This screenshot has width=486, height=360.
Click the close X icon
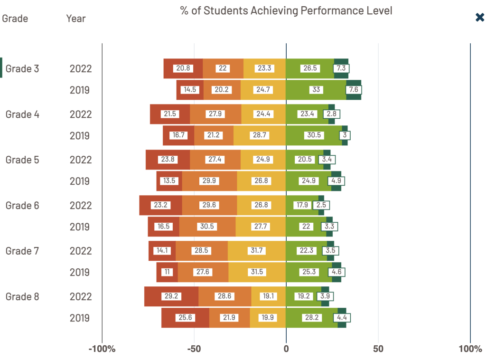pos(480,18)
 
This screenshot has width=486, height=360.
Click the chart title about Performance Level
pos(286,10)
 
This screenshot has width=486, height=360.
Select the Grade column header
pos(15,19)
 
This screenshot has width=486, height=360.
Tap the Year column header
pos(76,19)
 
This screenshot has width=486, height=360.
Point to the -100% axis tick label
pos(102,349)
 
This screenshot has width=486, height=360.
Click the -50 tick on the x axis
pos(194,349)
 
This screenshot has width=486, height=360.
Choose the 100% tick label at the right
pos(470,349)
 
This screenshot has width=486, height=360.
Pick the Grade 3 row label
pos(22,68)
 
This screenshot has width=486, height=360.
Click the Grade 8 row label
pos(22,296)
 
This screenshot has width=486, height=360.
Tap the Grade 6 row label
pos(22,205)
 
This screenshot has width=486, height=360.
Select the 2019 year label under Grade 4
pos(80,136)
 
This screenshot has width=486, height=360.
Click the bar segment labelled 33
pos(316,90)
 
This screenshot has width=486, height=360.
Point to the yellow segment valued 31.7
pos(257,251)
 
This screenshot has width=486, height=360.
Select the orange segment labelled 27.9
pos(215,114)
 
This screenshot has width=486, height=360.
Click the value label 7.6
pos(354,90)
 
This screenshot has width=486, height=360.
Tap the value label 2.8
pos(331,114)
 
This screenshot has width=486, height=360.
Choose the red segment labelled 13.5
pos(169,181)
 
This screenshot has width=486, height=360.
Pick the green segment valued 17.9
pos(302,205)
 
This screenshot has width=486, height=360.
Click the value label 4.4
pos(342,318)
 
